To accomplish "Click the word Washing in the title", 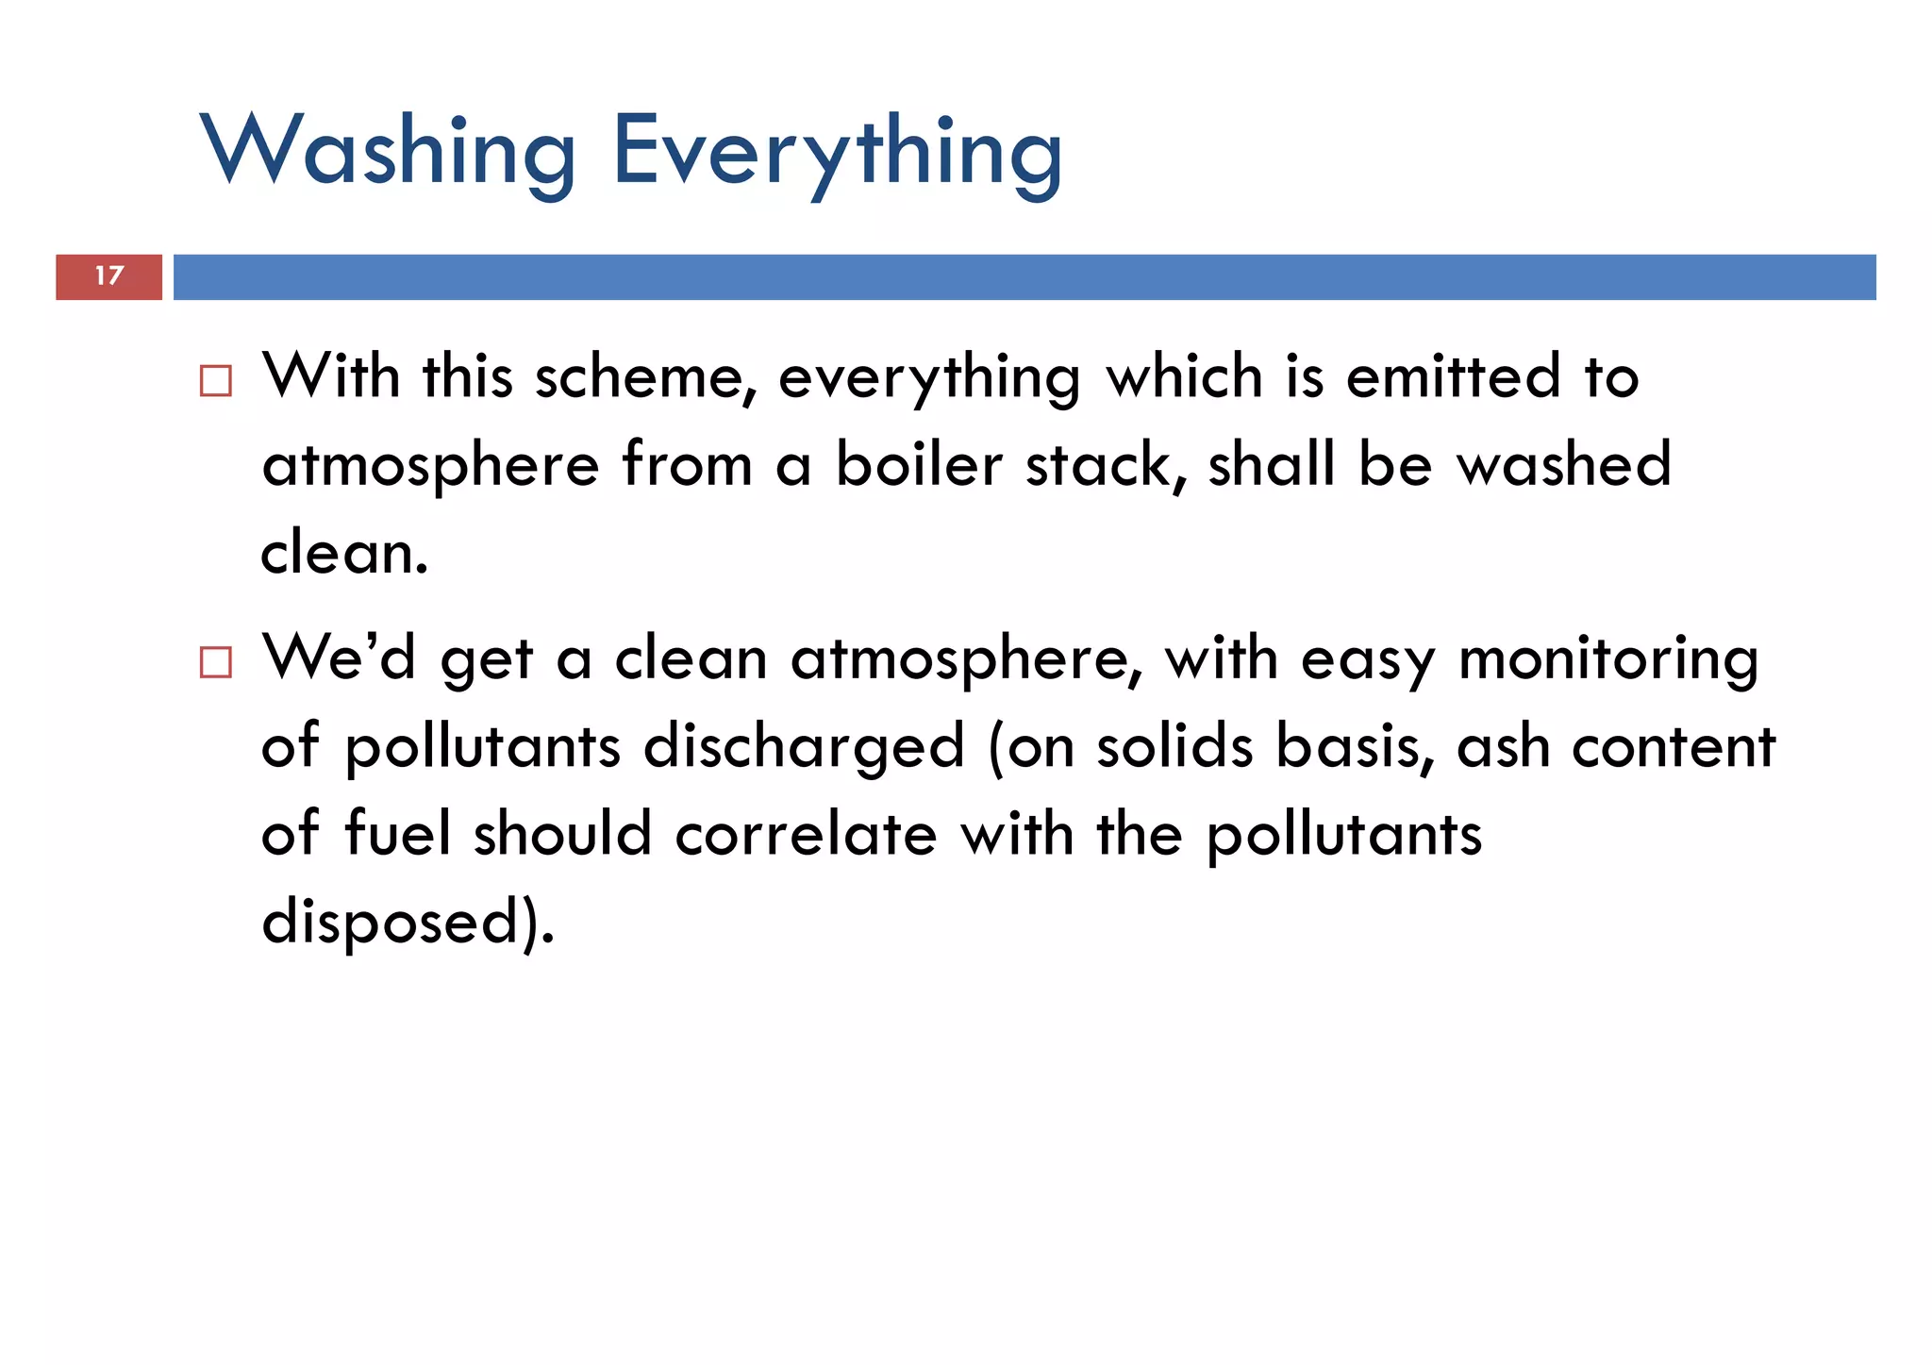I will [x=388, y=151].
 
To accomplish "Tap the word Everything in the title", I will [x=838, y=151].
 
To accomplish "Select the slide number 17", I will [x=109, y=275].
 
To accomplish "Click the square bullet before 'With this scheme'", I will [x=216, y=381].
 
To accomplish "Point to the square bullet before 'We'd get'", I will [x=216, y=662].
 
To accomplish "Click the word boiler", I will [x=919, y=465].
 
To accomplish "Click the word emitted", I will [x=1454, y=377].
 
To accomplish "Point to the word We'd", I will [x=339, y=658].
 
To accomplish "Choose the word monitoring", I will [x=1608, y=659].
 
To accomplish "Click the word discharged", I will [x=805, y=747].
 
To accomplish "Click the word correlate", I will [x=807, y=834].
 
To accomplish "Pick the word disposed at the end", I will [x=391, y=922].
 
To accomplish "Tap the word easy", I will [x=1368, y=659].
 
